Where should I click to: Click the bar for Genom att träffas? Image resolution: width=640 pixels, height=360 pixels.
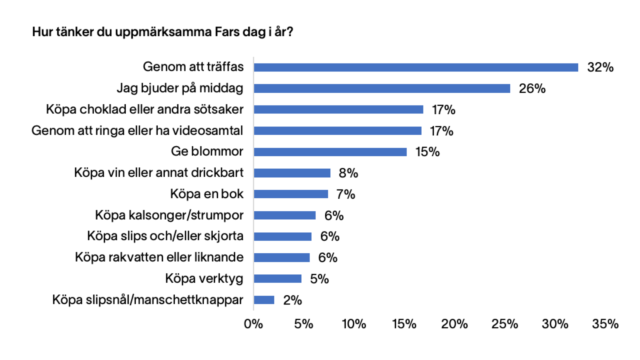[x=416, y=67]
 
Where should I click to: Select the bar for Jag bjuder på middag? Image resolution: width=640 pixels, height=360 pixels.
[x=382, y=88]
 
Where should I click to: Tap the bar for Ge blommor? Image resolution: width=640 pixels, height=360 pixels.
[x=330, y=152]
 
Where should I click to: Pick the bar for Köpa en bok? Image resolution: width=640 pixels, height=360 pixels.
[x=291, y=194]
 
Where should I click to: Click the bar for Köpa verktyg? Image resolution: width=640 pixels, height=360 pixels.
[x=277, y=279]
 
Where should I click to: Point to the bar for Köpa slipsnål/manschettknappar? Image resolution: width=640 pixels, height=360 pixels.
[x=264, y=300]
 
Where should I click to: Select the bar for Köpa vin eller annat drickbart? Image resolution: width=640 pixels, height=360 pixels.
[x=292, y=173]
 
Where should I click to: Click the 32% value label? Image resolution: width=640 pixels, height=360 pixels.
[x=600, y=67]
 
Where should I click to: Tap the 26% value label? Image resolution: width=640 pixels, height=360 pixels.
[x=532, y=89]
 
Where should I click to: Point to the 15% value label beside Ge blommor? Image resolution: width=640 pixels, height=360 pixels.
[x=427, y=152]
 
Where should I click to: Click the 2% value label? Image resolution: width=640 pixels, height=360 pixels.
[x=292, y=300]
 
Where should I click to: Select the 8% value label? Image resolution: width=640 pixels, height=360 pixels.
[x=348, y=173]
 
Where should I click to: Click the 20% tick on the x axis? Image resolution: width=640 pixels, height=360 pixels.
[x=454, y=324]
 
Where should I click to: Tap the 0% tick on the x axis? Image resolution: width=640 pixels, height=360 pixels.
[x=253, y=324]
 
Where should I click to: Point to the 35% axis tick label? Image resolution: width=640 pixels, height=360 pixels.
[x=605, y=324]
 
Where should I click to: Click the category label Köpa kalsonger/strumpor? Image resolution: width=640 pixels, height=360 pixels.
[x=169, y=215]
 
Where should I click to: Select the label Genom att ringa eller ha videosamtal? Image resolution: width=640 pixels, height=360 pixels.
[x=137, y=131]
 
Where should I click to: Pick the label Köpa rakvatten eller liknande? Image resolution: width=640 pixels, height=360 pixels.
[x=159, y=257]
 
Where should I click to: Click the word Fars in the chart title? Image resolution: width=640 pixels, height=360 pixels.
[x=227, y=32]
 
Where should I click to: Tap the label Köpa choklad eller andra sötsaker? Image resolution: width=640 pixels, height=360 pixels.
[x=145, y=109]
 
